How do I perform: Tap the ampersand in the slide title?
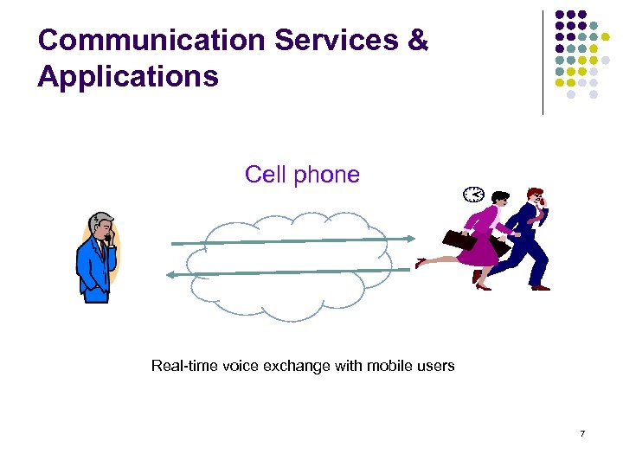click(x=418, y=40)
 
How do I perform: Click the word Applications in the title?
click(x=128, y=77)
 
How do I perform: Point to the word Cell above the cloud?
click(x=266, y=175)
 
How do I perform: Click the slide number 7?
click(x=582, y=433)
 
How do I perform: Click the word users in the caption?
click(x=434, y=366)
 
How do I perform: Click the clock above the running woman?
click(x=473, y=195)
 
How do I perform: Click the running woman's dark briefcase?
click(x=459, y=240)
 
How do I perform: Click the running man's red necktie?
click(x=537, y=217)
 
